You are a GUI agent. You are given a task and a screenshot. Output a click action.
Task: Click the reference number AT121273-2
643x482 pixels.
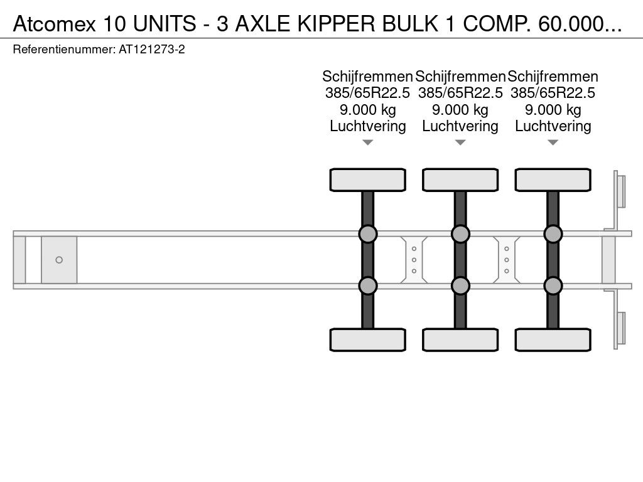pos(152,50)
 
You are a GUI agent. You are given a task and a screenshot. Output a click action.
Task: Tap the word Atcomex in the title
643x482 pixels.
pos(54,24)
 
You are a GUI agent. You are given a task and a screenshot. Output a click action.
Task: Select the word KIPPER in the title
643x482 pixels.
pos(336,24)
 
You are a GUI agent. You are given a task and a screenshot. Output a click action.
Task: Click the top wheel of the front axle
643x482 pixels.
pos(368,180)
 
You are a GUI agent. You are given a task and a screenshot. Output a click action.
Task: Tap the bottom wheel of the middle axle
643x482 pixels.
pos(460,340)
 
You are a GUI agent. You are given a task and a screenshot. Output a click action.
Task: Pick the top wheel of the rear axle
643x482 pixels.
pos(553,180)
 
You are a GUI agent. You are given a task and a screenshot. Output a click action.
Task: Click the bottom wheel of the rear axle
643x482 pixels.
pos(553,340)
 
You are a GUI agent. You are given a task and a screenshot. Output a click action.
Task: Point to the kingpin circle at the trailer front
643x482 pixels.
pos(59,260)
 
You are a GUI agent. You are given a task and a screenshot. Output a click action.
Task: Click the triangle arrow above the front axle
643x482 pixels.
pos(368,142)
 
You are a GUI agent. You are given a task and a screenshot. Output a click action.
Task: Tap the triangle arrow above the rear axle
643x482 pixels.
pos(553,142)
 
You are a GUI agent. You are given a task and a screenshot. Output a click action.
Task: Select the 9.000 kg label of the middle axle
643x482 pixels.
pos(460,110)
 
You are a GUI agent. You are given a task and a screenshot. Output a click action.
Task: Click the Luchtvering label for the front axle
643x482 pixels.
pos(368,126)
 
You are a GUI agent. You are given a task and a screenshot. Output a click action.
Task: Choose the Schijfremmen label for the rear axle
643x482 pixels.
pos(553,77)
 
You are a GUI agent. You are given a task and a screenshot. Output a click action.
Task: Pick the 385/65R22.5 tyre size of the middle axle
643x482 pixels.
pos(460,93)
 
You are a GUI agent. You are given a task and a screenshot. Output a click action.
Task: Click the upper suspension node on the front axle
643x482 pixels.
pos(368,234)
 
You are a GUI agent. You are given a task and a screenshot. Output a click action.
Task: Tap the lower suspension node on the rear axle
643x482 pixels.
pos(553,286)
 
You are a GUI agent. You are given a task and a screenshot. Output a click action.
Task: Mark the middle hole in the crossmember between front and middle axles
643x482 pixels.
pos(414,260)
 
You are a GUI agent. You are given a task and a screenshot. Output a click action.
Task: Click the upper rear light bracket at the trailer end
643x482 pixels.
pos(619,191)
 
